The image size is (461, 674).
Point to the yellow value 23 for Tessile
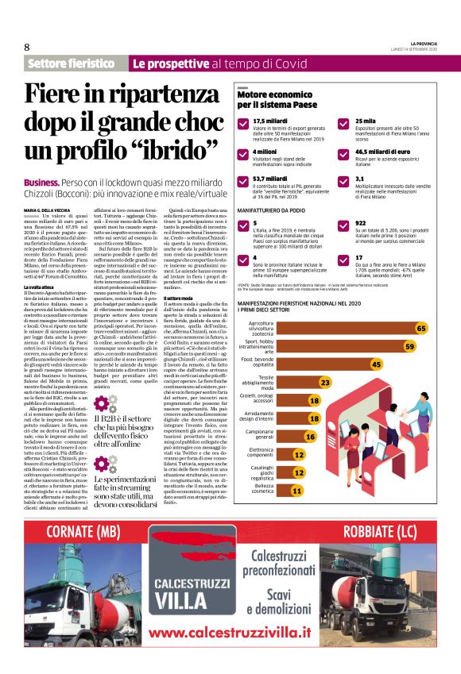click(324, 382)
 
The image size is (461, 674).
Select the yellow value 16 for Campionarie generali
click(310, 436)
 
